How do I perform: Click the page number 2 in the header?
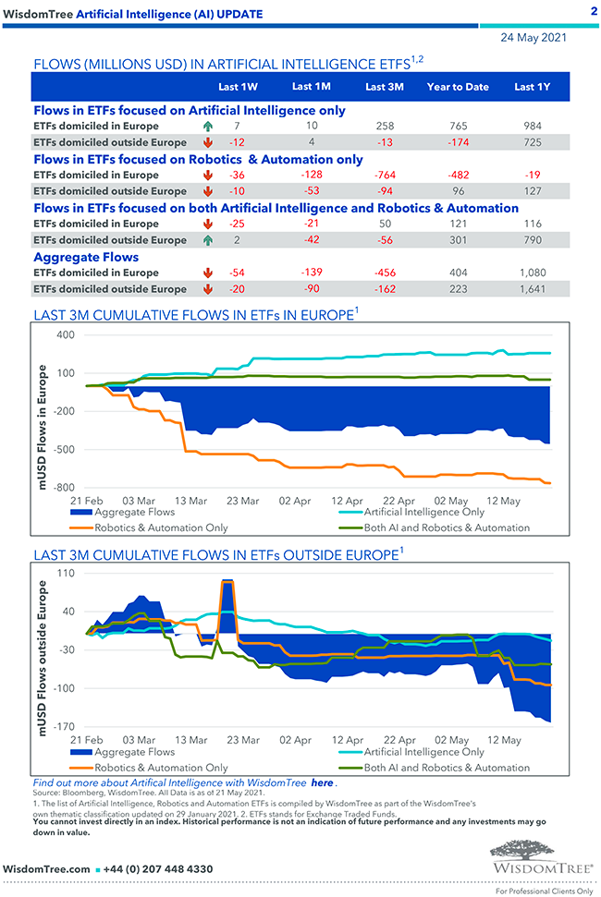pyautogui.click(x=593, y=11)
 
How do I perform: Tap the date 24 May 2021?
pyautogui.click(x=534, y=38)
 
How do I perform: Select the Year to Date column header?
pyautogui.click(x=458, y=88)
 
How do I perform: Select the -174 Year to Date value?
pyautogui.click(x=458, y=142)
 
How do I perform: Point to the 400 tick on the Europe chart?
pyautogui.click(x=65, y=334)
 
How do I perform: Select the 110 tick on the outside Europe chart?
pyautogui.click(x=65, y=573)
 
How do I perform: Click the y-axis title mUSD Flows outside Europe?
pyautogui.click(x=43, y=649)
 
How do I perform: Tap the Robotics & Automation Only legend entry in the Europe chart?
pyautogui.click(x=161, y=527)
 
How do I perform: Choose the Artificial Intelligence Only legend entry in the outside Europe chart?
pyautogui.click(x=423, y=752)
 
